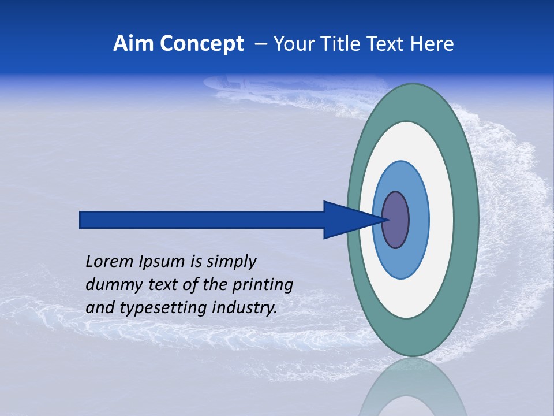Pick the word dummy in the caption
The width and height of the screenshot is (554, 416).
point(108,285)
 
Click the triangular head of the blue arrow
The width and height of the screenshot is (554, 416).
point(346,220)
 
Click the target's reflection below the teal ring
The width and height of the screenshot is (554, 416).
point(413,390)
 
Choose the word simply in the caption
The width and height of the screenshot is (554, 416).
point(231,262)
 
